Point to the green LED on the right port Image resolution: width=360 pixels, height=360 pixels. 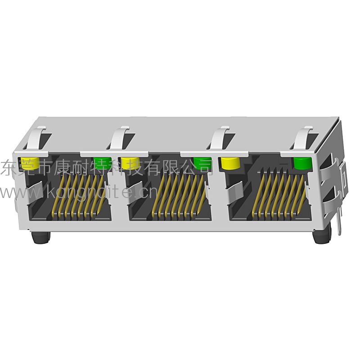click(302, 163)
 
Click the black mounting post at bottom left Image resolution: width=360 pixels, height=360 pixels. click(40, 237)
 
